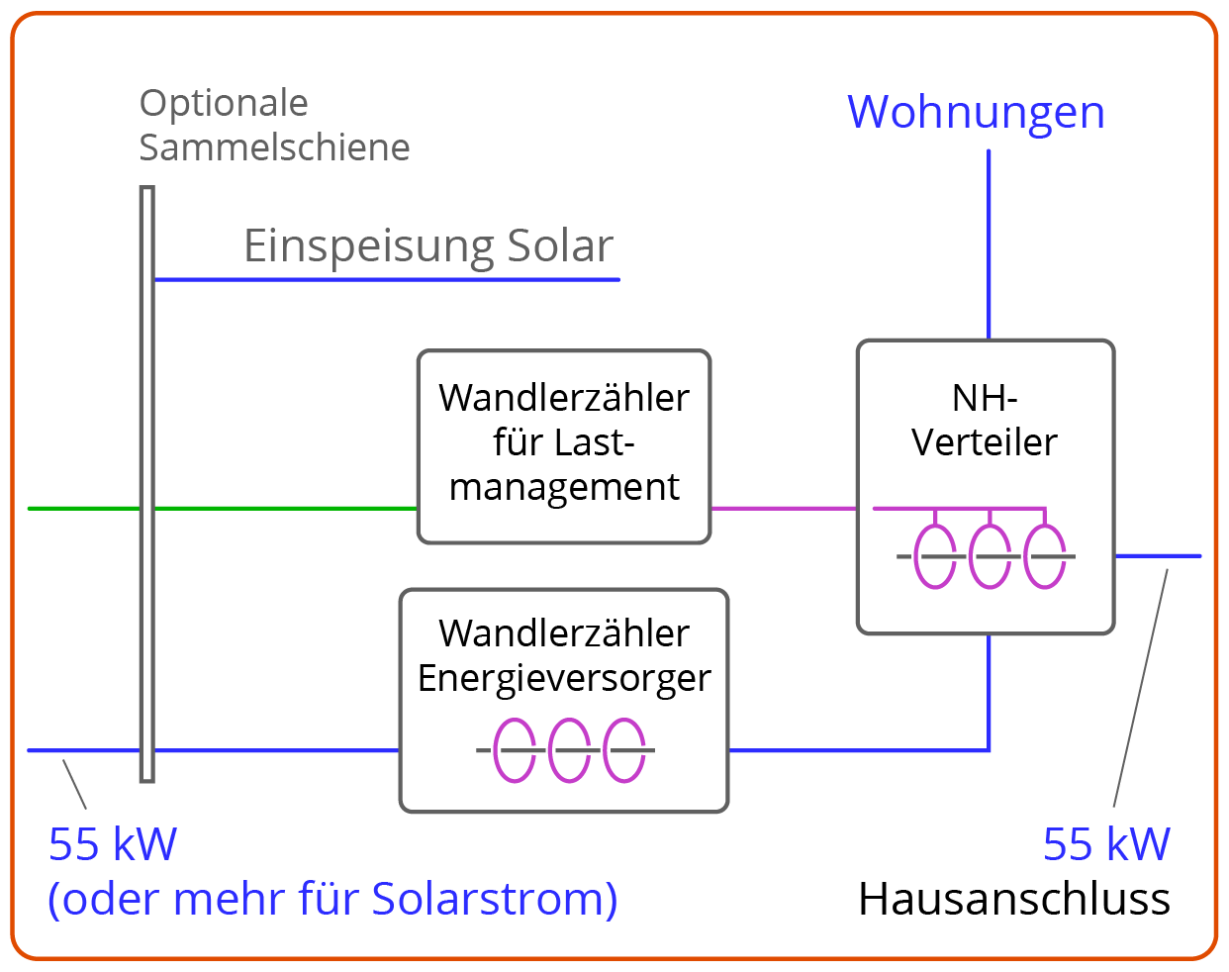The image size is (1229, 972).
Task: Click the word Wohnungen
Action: (976, 113)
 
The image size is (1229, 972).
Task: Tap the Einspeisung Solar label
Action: (428, 245)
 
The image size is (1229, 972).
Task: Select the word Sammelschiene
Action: (274, 147)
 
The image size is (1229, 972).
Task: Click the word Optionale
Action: (224, 103)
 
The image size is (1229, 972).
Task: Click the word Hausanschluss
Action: (1014, 899)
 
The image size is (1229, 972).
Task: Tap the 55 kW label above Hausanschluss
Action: (1106, 844)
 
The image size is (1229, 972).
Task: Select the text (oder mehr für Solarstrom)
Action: (332, 899)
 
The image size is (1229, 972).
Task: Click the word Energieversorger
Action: (564, 678)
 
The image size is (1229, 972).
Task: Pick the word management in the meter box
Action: (564, 487)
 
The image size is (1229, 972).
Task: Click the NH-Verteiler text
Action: (985, 421)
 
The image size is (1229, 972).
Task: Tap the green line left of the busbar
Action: (84, 509)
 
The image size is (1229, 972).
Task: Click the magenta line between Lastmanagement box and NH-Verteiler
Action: (784, 509)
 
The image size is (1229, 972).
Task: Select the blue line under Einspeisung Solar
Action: (386, 280)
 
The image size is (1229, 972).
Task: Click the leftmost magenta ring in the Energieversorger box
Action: (515, 750)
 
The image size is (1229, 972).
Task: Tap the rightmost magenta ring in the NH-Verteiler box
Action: (1045, 556)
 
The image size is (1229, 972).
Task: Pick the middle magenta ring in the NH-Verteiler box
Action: (990, 556)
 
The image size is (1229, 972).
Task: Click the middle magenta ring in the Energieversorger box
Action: (569, 750)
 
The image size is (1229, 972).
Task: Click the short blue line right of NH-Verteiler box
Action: (1158, 556)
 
